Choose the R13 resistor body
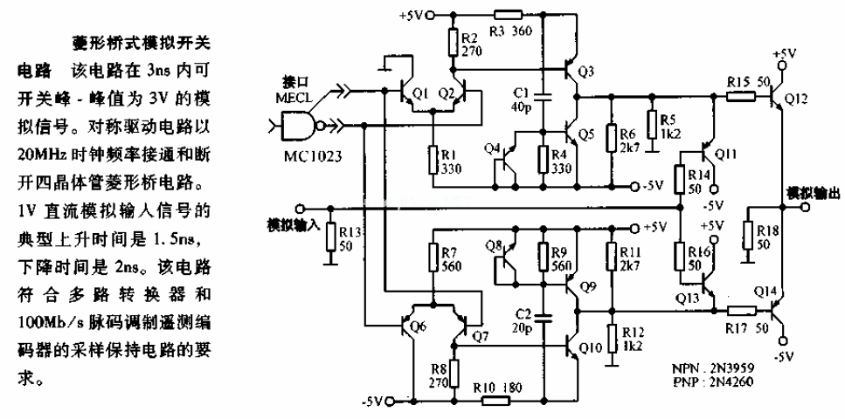[x=329, y=236]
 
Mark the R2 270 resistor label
[x=469, y=45]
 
